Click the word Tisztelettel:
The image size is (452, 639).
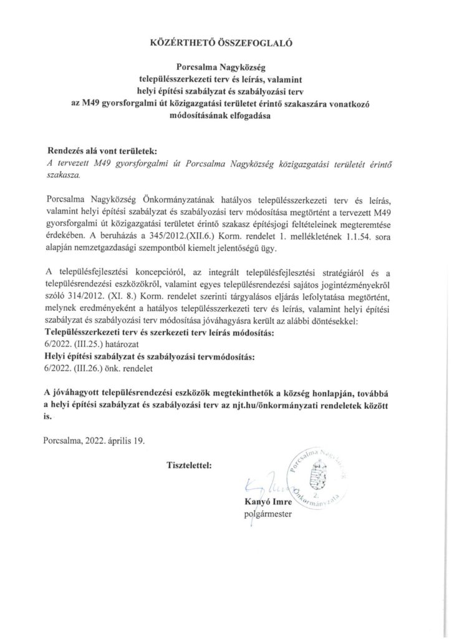(189, 465)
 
